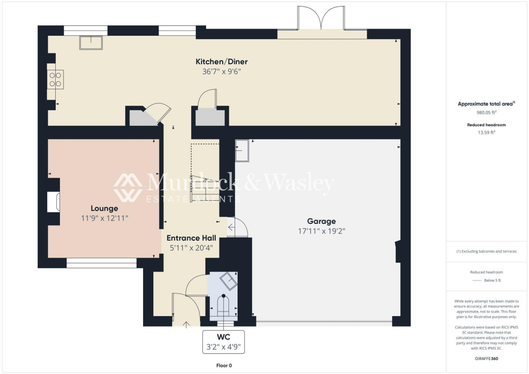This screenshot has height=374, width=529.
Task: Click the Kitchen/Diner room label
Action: [222, 62]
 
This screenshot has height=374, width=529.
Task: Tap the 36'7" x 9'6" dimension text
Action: [222, 72]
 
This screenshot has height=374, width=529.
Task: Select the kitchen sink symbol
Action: [91, 42]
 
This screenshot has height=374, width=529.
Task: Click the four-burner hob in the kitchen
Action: [55, 79]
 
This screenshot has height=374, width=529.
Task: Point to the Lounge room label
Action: [104, 208]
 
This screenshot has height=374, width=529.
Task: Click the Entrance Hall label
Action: [190, 238]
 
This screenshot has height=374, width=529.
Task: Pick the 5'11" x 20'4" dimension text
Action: [190, 248]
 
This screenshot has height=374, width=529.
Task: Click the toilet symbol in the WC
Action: [223, 305]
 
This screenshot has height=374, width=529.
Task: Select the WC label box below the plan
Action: [223, 341]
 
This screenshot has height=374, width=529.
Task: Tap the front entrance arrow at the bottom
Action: [187, 324]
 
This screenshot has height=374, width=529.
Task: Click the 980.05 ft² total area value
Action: [486, 112]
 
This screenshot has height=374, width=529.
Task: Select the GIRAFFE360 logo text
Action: [486, 359]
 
